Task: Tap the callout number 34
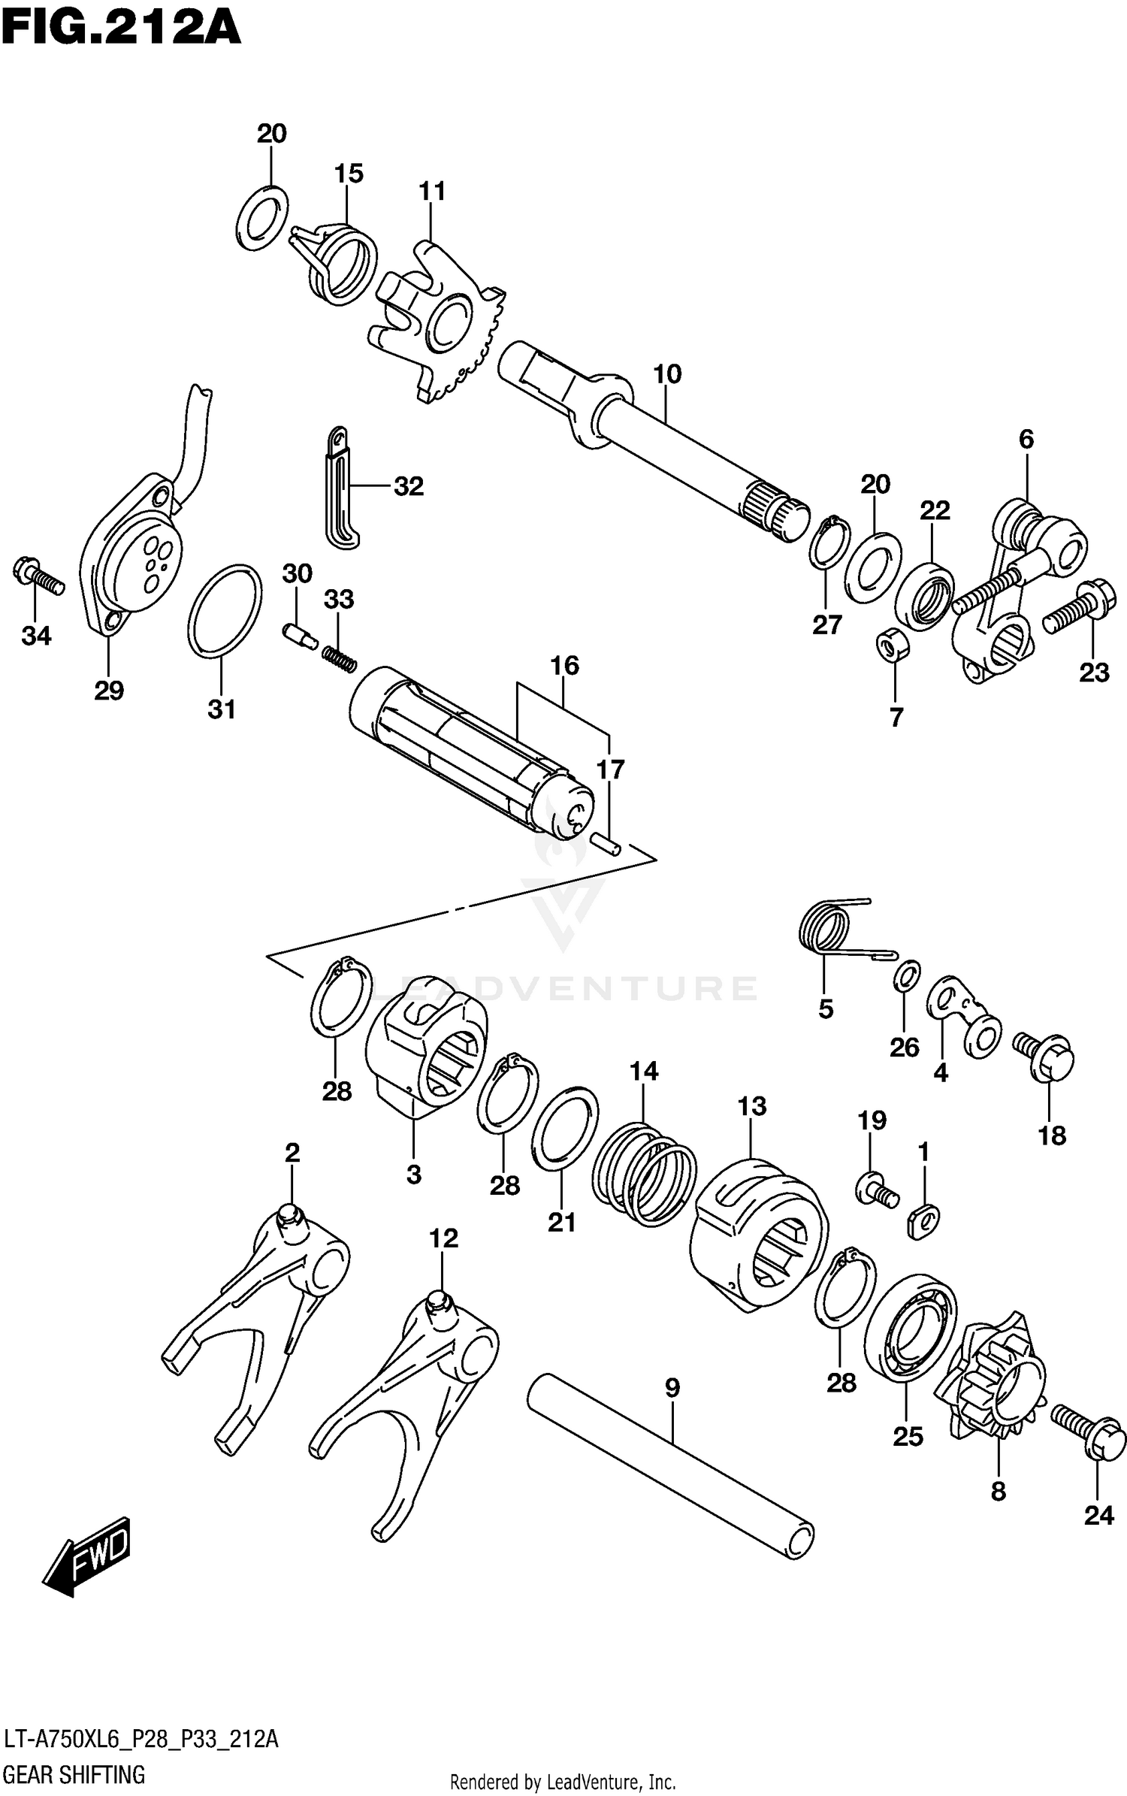(36, 636)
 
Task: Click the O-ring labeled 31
(225, 609)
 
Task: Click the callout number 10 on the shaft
(666, 373)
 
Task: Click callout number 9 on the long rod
(672, 1388)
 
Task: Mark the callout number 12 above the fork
(443, 1238)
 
